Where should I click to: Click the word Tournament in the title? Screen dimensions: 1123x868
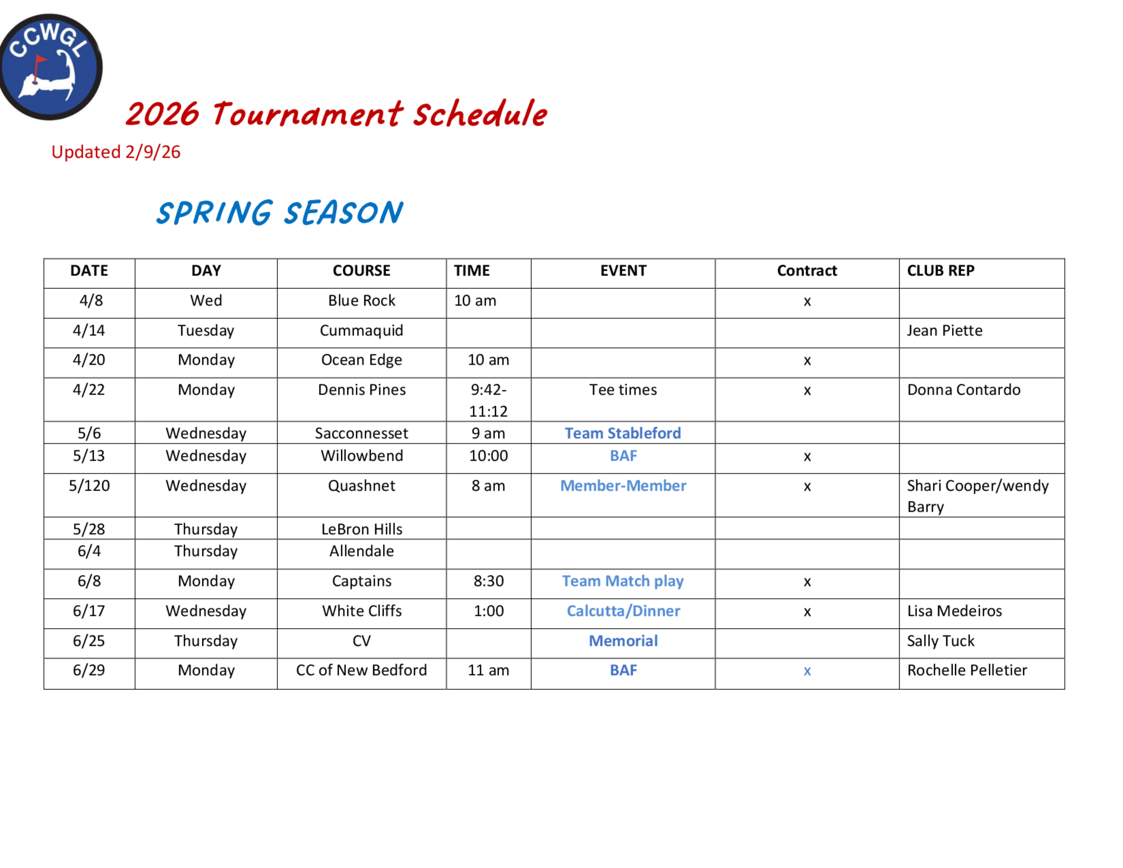pyautogui.click(x=307, y=114)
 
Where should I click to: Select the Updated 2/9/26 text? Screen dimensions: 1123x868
pyautogui.click(x=116, y=152)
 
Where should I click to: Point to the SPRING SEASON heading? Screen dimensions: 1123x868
pyautogui.click(x=279, y=213)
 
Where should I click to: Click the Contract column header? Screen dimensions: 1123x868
pyautogui.click(x=807, y=271)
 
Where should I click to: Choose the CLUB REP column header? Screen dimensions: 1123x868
pyautogui.click(x=940, y=271)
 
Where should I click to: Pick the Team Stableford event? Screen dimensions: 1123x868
pyautogui.click(x=623, y=433)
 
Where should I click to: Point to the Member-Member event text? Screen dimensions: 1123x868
pyautogui.click(x=623, y=485)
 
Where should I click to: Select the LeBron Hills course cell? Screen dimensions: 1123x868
pyautogui.click(x=362, y=529)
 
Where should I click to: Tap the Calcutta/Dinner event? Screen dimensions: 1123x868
pyautogui.click(x=623, y=611)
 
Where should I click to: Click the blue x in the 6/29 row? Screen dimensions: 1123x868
pyautogui.click(x=807, y=671)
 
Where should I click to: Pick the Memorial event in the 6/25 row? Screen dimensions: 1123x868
pyautogui.click(x=623, y=641)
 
